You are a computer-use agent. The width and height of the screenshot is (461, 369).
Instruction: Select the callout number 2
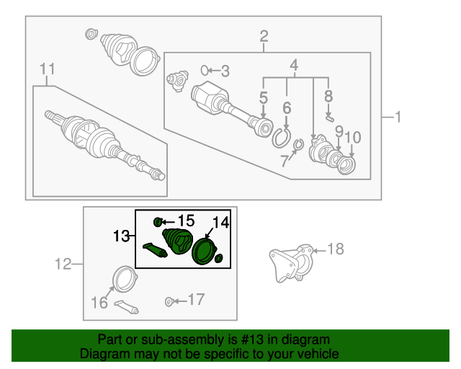click(264, 35)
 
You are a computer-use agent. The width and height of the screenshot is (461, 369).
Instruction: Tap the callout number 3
click(225, 71)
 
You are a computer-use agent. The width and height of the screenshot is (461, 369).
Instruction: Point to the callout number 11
click(48, 69)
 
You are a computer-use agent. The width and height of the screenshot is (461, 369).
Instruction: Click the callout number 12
click(64, 264)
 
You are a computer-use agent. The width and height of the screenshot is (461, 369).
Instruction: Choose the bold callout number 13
click(120, 236)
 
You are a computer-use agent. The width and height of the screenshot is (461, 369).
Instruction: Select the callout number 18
click(336, 249)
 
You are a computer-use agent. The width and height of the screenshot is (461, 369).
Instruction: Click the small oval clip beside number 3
click(205, 70)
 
